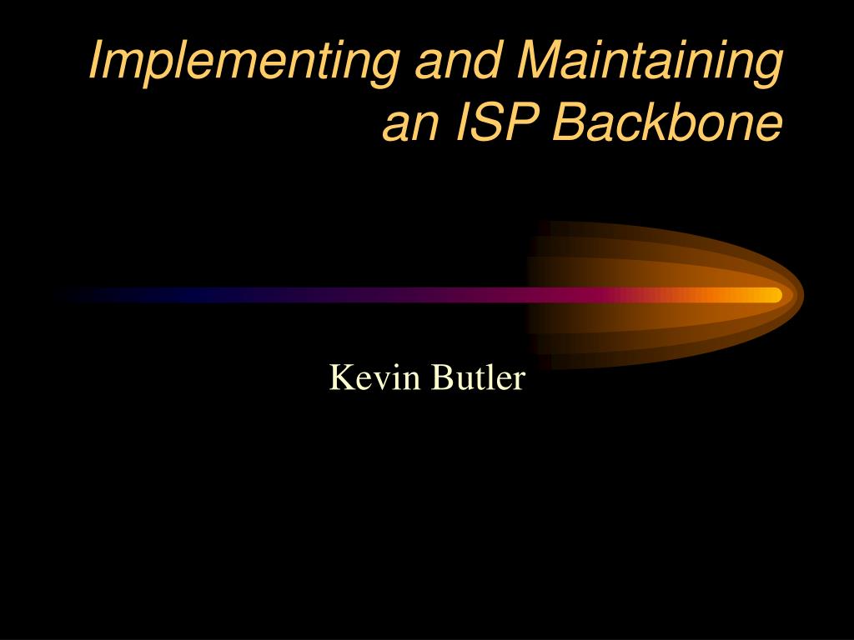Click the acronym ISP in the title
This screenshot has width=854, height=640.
point(497,124)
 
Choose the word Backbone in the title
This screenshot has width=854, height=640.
point(668,124)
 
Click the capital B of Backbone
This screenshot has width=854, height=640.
point(567,124)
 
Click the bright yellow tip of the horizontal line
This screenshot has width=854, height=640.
point(772,295)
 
